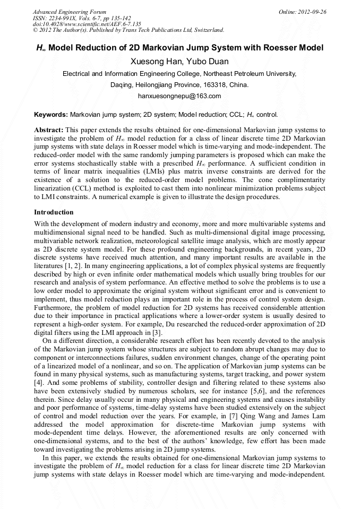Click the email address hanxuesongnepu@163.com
pyautogui.click(x=179, y=97)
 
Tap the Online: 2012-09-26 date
pyautogui.click(x=302, y=12)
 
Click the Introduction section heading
pyautogui.click(x=54, y=212)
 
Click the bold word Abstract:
pyautogui.click(x=49, y=130)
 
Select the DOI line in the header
pyautogui.click(x=87, y=24)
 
